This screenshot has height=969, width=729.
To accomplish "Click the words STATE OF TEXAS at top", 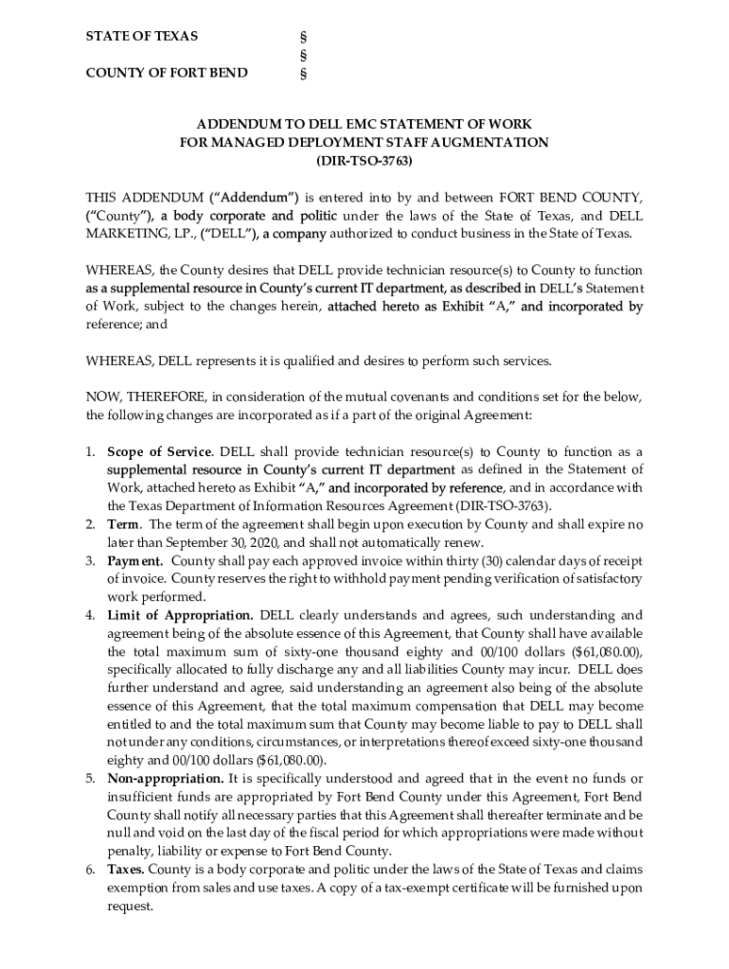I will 142,36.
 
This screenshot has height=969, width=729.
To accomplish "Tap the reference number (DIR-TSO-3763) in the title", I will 364,161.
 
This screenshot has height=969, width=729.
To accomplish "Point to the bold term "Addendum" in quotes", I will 254,198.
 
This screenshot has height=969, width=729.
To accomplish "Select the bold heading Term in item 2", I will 125,524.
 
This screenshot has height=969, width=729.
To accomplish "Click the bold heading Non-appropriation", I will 166,779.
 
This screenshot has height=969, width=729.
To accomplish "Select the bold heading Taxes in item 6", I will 126,869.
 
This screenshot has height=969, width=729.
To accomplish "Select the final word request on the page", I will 130,906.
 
